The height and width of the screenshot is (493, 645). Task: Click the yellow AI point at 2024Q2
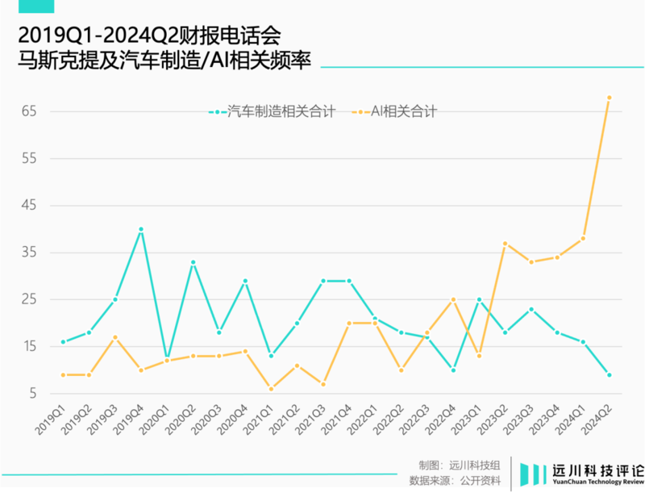coord(609,98)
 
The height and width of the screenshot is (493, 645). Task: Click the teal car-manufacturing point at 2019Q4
coord(141,229)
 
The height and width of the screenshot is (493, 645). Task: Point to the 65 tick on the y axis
coord(29,111)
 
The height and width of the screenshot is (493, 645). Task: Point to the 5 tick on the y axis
coord(33,394)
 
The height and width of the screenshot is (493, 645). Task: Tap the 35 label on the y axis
coord(29,253)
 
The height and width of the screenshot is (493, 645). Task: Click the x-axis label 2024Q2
coord(596,424)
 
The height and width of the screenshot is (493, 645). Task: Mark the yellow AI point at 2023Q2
coord(505,243)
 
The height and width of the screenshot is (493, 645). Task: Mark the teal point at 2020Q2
coord(193,262)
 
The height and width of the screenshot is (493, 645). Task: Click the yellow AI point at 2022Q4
coord(453,299)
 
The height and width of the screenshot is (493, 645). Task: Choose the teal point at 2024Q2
coord(609,375)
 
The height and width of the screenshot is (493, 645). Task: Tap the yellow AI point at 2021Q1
coord(271,389)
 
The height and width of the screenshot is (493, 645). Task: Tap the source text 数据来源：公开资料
coord(455,481)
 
